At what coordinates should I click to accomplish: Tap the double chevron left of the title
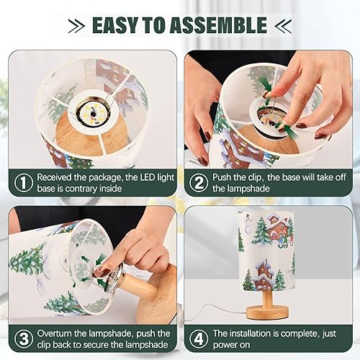(74, 26)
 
